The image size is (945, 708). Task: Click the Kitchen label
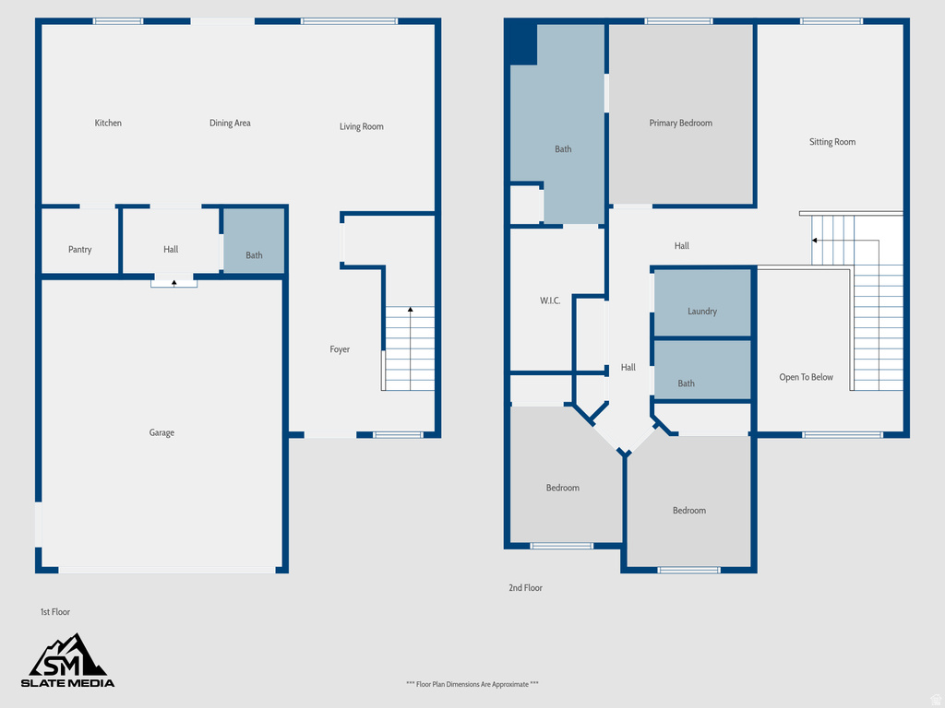[108, 123]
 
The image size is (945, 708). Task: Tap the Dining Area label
[230, 123]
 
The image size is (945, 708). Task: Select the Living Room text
[361, 126]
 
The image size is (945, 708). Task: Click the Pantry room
[80, 249]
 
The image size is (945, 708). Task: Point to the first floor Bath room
[254, 242]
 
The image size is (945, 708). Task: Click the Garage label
[161, 432]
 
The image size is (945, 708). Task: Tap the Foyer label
[340, 349]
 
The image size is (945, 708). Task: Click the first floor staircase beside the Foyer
[409, 348]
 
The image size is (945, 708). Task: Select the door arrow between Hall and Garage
[173, 284]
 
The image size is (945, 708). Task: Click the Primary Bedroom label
[680, 123]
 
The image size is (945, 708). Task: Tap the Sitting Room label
[832, 142]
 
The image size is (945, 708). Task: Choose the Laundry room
[702, 303]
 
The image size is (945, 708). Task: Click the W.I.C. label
[550, 301]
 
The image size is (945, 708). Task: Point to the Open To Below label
[806, 377]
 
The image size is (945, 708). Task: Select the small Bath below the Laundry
[702, 371]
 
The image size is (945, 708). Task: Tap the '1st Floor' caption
[54, 612]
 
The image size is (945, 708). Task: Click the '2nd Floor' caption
[525, 587]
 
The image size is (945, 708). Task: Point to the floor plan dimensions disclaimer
[472, 684]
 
